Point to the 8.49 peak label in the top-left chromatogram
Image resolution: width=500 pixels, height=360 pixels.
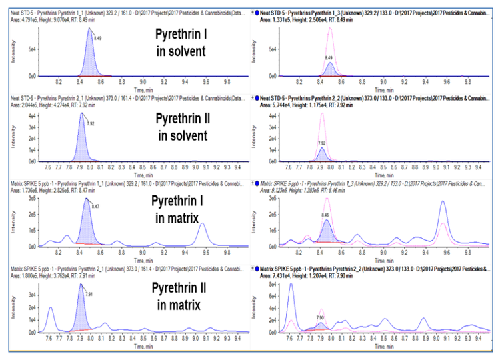click(98, 38)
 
